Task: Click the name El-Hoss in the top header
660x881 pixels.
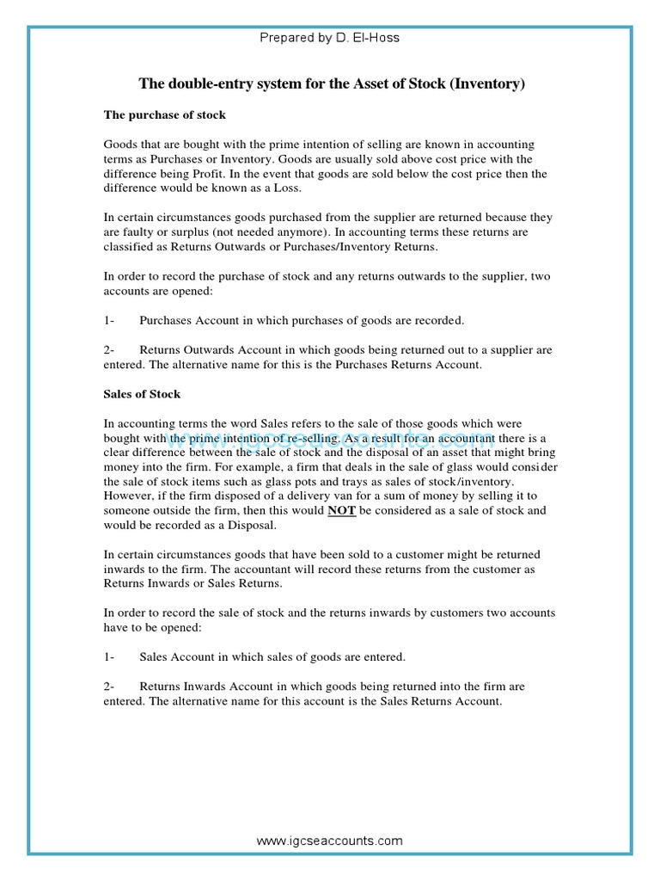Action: pos(376,38)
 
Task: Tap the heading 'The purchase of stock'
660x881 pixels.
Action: pos(165,114)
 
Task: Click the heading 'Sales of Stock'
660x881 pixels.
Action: pos(143,394)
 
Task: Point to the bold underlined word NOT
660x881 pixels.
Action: pos(341,510)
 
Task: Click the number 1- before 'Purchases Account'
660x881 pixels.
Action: pos(109,321)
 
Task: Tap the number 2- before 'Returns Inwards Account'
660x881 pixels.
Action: pos(109,687)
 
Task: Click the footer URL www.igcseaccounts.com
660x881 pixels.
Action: pos(329,841)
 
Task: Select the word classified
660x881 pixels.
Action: pos(130,247)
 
